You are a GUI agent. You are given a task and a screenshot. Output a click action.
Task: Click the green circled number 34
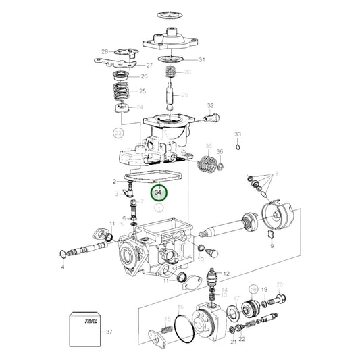point(159,192)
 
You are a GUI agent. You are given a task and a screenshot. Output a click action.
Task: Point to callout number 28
point(105,51)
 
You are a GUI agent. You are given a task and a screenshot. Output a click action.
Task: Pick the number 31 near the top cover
point(201,60)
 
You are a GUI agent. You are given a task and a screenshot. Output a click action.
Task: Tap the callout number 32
point(210,106)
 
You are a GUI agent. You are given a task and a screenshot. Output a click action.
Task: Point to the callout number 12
point(227,273)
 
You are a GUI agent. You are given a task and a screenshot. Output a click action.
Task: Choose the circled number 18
point(254,289)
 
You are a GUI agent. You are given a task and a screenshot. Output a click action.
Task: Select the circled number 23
point(119,133)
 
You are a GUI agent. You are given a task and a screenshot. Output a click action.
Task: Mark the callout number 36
point(220,151)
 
